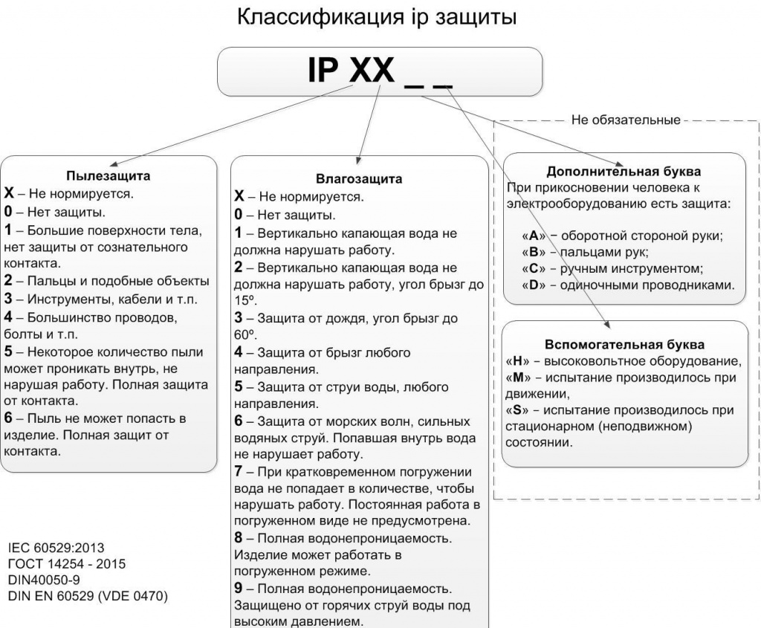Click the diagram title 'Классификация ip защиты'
click(376, 16)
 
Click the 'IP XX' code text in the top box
click(351, 71)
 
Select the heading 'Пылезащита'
click(109, 176)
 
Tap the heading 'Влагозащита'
click(359, 179)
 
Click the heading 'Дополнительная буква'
click(624, 171)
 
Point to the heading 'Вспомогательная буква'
click(624, 345)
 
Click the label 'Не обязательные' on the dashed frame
click(626, 120)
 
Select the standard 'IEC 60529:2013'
click(57, 548)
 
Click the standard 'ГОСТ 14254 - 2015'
click(66, 563)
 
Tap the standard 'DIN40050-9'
click(45, 580)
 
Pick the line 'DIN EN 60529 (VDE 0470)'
click(88, 596)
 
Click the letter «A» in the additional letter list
click(533, 236)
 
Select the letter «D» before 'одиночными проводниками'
click(533, 285)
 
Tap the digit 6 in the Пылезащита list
click(8, 418)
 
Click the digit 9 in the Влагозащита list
click(239, 589)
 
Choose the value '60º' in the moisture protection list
click(244, 334)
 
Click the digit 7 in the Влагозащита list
click(239, 472)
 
